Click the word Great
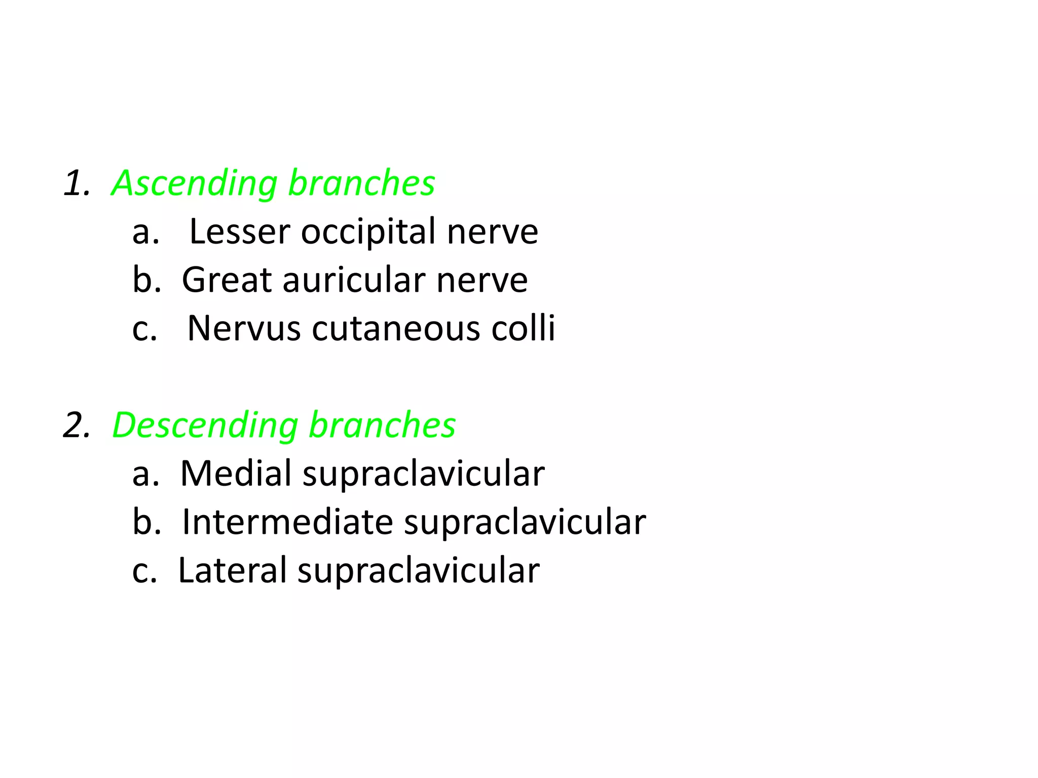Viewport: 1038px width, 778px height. tap(227, 280)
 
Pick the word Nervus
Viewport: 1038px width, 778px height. tap(244, 329)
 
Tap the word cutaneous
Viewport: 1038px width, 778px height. tap(396, 329)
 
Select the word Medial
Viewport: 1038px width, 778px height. tap(236, 474)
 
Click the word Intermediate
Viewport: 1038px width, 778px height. tap(287, 522)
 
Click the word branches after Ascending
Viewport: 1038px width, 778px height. tap(361, 183)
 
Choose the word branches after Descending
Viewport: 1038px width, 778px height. tap(382, 425)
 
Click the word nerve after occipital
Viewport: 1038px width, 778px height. tap(492, 232)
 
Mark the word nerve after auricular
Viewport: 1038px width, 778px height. tap(482, 280)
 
